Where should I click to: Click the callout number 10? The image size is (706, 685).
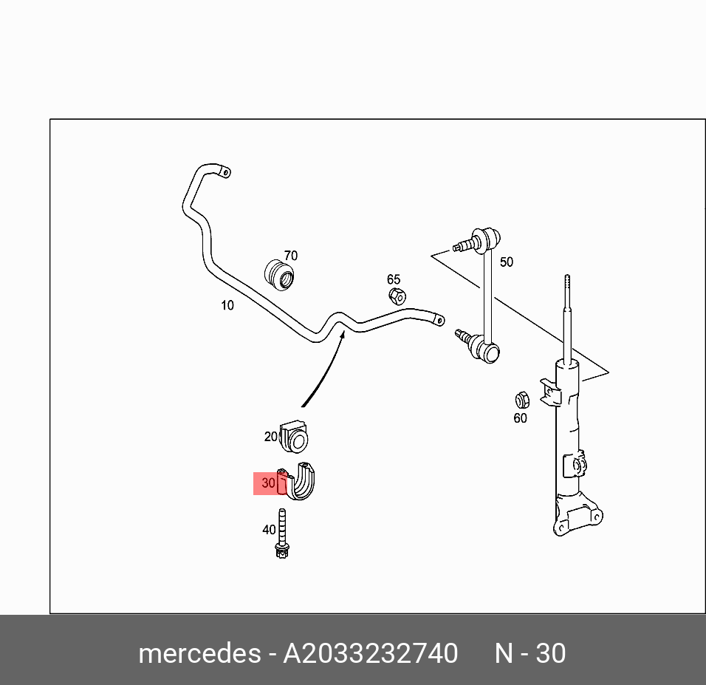227,305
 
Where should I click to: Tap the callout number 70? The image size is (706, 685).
291,256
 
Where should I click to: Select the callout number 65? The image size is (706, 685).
394,279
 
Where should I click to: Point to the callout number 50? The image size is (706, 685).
506,262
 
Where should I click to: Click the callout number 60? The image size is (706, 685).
520,418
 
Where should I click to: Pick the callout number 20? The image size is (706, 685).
271,437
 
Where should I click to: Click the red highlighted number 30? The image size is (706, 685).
268,483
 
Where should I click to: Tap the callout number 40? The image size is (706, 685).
269,530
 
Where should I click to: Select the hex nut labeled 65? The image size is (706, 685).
396,296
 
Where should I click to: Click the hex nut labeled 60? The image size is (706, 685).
521,400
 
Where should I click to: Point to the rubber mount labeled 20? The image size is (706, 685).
295,436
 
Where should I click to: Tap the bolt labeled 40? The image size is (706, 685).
281,535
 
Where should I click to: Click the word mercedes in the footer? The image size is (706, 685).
199,653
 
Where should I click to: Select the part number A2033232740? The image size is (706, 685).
370,653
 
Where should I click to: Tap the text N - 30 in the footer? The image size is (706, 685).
529,653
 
